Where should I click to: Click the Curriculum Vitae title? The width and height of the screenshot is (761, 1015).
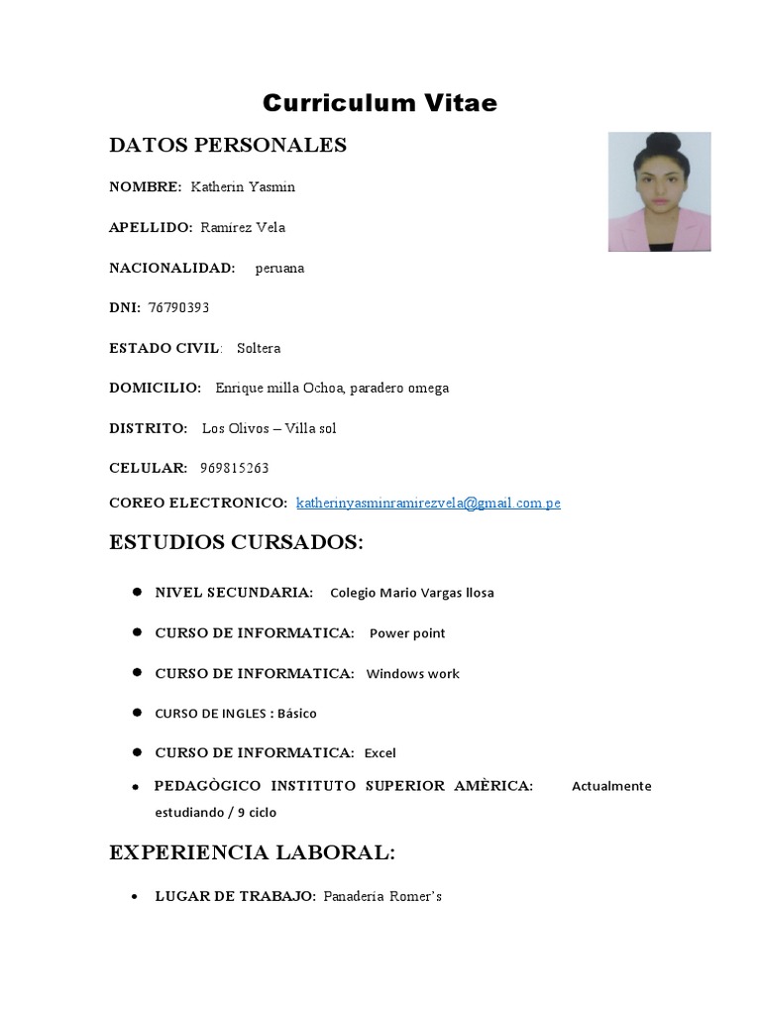point(380,103)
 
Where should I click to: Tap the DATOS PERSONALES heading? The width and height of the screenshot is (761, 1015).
point(228,146)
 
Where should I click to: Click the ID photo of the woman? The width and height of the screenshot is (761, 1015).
point(659,191)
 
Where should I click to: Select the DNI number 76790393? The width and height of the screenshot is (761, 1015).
point(178,307)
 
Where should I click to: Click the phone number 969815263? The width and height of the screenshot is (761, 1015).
point(234,468)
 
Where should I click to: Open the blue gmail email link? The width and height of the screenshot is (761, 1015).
point(428,503)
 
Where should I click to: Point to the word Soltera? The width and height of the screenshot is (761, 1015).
point(259,348)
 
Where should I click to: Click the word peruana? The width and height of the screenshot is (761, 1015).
point(279,268)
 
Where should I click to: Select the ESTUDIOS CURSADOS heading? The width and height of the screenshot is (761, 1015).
point(236,543)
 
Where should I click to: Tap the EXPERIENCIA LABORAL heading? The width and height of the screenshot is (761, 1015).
point(252,852)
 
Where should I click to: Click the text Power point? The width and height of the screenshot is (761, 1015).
point(407,633)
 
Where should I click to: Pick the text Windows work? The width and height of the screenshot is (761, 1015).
point(413,674)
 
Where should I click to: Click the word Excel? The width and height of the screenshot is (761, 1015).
point(380,753)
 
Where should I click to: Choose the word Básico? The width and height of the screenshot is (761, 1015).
point(297,713)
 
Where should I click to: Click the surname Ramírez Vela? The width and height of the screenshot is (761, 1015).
point(243,227)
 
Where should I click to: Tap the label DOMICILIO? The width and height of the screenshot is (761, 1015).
point(155,388)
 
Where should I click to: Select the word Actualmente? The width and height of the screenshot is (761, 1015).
point(611,786)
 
